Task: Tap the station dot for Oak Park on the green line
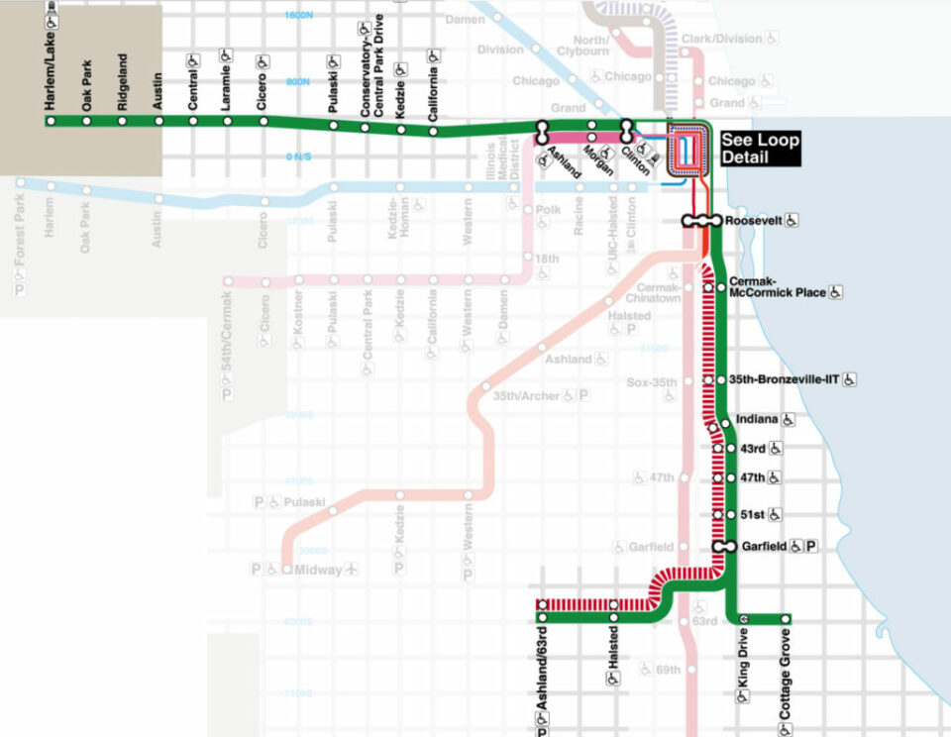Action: (x=86, y=121)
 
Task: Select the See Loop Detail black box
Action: (x=760, y=149)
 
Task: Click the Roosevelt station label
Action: (x=753, y=220)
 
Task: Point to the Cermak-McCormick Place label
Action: (x=777, y=287)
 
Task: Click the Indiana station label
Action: (x=758, y=420)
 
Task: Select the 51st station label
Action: (x=752, y=515)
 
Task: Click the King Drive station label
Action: (x=743, y=665)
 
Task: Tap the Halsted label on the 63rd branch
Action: (x=615, y=649)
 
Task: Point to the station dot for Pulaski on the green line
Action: (x=333, y=126)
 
